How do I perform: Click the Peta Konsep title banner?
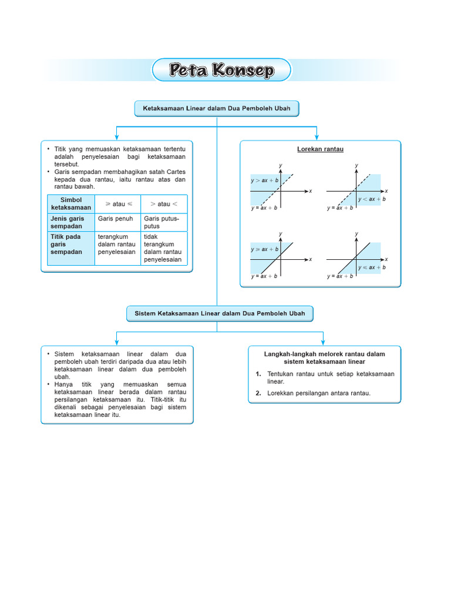coord(221,71)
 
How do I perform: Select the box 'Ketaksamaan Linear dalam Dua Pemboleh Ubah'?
coord(217,109)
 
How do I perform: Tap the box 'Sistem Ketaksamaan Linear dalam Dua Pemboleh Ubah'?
coord(220,314)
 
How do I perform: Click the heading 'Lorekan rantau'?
coord(320,149)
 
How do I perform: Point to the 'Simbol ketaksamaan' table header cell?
coord(71,204)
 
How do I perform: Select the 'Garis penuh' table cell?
coord(116,219)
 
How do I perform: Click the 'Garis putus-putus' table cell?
coord(161,222)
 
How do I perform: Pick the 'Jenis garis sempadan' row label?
coord(68,222)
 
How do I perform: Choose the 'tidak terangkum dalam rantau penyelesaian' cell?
coord(163,248)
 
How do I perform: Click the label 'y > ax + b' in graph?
coord(264,180)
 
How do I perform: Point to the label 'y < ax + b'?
coord(372,199)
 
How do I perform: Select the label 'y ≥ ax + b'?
coord(264,249)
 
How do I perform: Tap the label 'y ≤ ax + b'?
coord(372,267)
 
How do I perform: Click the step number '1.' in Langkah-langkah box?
coord(258,374)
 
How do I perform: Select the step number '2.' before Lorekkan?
coord(258,393)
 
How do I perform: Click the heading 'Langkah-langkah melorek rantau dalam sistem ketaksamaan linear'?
coord(324,357)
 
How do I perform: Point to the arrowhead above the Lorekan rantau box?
coord(317,137)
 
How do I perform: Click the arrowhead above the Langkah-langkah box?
coord(323,342)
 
